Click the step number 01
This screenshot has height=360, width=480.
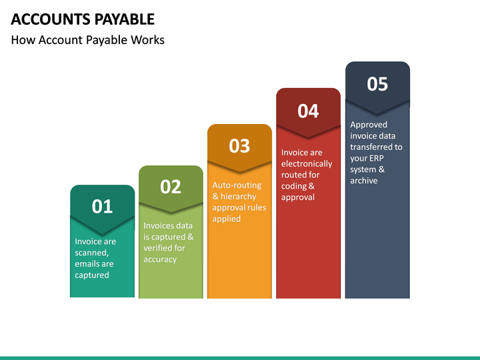102,207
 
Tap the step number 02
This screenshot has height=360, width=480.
171,187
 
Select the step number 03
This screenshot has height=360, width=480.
239,145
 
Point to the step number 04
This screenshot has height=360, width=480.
308,111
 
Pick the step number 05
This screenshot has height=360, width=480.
377,84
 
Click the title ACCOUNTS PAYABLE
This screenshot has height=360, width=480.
83,19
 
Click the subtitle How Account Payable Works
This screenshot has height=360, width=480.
87,40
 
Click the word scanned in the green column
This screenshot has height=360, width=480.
91,253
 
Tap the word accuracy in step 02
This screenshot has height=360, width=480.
160,259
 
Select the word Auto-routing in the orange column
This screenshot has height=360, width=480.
237,185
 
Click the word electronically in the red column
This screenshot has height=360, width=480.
307,164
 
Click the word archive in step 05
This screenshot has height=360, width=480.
363,181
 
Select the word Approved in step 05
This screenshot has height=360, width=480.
369,125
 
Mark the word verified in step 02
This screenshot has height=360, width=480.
157,248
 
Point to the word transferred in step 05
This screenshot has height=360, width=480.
376,147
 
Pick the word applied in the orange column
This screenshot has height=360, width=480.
226,219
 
